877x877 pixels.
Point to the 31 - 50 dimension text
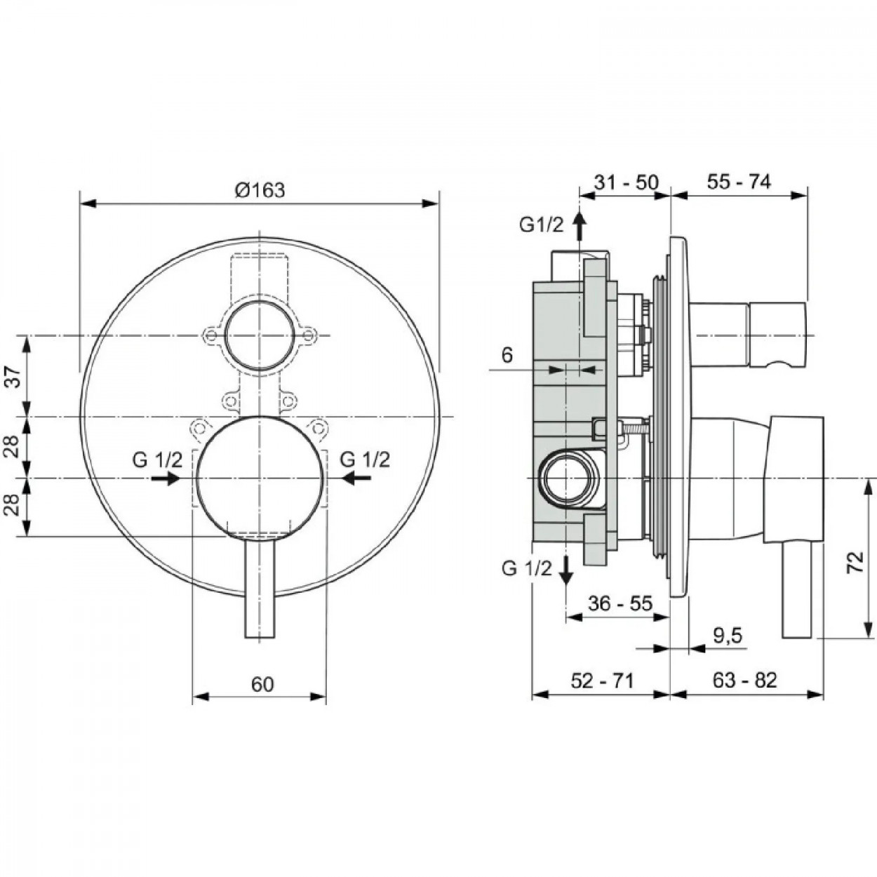(627, 182)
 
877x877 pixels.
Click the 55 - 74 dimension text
(739, 182)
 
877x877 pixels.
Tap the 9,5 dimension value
(728, 636)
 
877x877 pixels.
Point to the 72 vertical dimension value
(856, 563)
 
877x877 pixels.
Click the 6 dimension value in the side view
(507, 355)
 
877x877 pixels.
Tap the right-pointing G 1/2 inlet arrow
(166, 478)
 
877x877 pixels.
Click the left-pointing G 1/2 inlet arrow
(357, 478)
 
